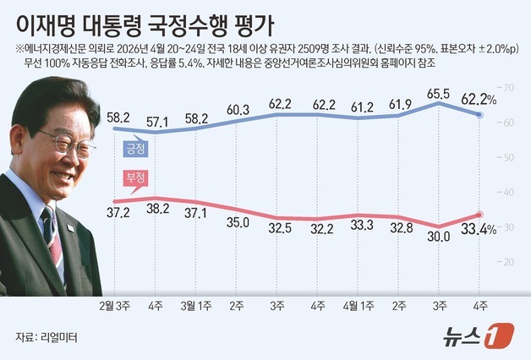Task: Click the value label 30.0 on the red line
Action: coord(437,237)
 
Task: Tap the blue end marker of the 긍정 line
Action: coord(479,115)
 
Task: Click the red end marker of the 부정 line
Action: coord(479,215)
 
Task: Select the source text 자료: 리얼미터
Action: coord(46,337)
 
